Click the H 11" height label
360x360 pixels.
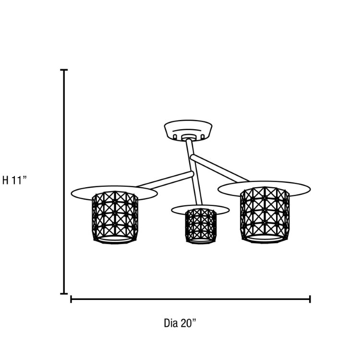15,180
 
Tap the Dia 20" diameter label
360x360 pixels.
180,323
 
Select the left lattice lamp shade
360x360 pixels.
115,217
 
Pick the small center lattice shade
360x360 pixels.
201,226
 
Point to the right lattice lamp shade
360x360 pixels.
264,215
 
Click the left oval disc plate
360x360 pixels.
114,193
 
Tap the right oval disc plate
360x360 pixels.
264,189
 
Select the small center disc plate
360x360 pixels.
201,210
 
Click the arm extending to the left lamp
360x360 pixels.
165,179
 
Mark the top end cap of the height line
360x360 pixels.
64,70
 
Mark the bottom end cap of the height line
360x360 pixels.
64,293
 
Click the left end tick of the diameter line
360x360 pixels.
71,299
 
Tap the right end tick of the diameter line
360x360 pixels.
310,299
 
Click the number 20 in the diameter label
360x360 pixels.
186,323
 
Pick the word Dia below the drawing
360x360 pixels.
171,323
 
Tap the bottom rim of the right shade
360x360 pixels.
265,239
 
